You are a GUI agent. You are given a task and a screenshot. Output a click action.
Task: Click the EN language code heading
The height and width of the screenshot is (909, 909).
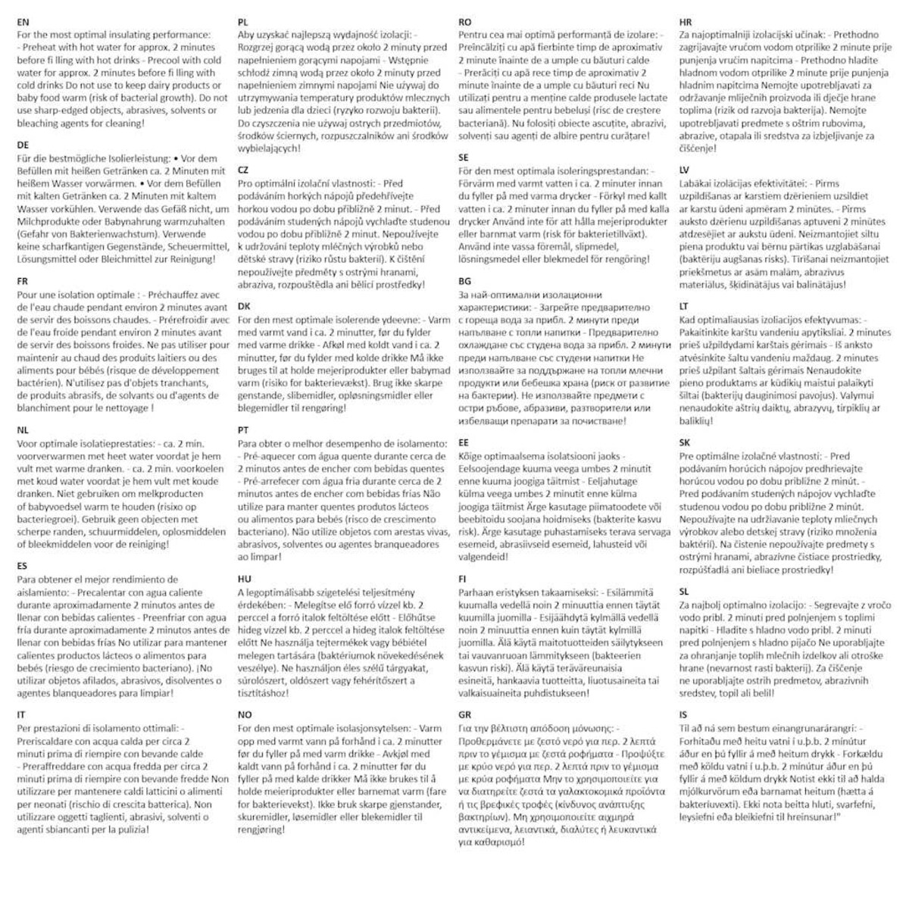point(23,23)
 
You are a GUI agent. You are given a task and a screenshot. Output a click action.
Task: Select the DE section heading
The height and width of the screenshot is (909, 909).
point(23,145)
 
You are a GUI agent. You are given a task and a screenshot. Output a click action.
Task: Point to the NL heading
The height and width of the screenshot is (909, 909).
point(23,430)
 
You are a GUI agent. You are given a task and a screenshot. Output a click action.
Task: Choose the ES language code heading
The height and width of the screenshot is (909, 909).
point(22,566)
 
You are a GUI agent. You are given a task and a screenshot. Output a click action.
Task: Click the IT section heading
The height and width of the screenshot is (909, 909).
point(21,714)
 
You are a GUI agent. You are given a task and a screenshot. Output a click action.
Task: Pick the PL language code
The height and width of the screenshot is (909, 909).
point(243,23)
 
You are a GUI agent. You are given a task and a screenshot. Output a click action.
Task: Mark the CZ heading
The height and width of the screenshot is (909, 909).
point(243,170)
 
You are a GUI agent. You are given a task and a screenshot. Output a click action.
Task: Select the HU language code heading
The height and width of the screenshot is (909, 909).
point(244,579)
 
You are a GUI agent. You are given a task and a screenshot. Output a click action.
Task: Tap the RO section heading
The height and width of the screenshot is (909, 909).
point(465,23)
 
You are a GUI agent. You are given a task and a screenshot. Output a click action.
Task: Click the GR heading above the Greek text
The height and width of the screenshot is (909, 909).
point(465,714)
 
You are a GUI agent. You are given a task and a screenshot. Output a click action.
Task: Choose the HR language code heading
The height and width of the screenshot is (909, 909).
point(686,23)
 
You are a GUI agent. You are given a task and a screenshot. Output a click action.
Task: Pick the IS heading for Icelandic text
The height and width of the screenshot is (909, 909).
point(683,714)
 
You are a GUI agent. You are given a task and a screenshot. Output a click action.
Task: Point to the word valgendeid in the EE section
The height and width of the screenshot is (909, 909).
point(484,557)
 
